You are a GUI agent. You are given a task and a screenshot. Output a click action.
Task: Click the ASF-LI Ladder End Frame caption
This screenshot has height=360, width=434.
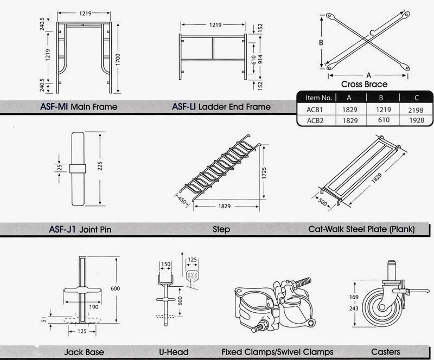click(221, 107)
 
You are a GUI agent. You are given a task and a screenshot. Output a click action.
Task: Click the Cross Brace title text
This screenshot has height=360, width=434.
click(364, 85)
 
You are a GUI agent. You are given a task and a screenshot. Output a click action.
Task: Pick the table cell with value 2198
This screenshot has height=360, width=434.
click(416, 110)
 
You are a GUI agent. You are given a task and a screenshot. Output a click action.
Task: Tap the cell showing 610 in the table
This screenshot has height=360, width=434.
click(382, 121)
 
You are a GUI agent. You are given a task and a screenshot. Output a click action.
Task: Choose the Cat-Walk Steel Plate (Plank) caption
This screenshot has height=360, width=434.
click(361, 229)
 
